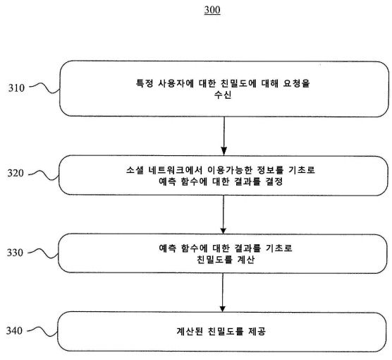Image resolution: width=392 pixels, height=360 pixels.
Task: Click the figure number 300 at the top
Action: tap(212, 10)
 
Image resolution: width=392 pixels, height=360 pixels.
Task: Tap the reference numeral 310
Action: tap(16, 88)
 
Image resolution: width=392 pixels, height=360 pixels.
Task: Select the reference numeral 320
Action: tap(16, 173)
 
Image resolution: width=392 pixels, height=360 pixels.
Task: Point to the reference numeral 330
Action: tap(15, 253)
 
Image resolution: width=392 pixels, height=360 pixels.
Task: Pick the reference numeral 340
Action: tap(14, 331)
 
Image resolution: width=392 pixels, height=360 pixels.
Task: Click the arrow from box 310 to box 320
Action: tap(224, 136)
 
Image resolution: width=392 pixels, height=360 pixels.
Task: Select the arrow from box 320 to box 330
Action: tap(223, 215)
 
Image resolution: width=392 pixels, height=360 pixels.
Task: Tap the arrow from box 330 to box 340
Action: tap(223, 293)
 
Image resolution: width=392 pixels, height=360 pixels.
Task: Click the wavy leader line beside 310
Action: tap(44, 88)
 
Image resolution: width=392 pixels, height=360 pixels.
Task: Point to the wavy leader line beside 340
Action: tap(42, 331)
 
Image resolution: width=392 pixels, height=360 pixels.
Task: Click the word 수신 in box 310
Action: tap(223, 95)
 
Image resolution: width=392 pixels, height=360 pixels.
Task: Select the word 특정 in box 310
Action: tap(145, 83)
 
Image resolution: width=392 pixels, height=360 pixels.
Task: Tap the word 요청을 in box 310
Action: tap(297, 83)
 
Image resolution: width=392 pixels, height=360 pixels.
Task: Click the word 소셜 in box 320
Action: tap(135, 170)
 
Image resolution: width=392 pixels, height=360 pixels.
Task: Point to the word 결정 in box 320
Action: tap(274, 181)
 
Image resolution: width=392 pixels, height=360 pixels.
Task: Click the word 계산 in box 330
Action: tap(246, 260)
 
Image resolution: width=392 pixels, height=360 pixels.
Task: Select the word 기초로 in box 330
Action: tap(278, 248)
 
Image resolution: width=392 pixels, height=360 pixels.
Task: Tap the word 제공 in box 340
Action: tap(257, 332)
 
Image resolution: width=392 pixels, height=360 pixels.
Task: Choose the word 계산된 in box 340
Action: tap(190, 332)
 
